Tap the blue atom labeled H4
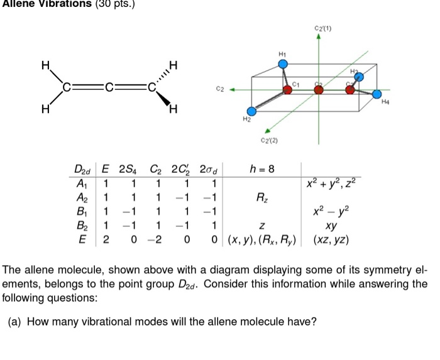pyautogui.click(x=376, y=95)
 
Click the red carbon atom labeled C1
pyautogui.click(x=288, y=90)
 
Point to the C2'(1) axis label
pyautogui.click(x=324, y=28)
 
